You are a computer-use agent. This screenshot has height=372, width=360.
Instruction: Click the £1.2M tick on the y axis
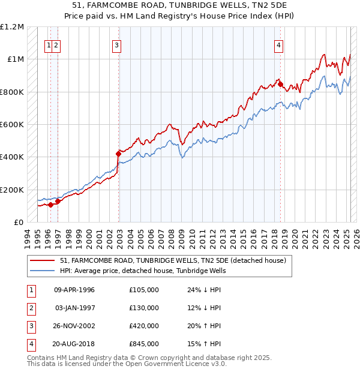coord(13,27)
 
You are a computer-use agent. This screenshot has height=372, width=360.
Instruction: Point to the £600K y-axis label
coord(12,125)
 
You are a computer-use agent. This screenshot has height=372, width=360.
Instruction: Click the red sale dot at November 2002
coord(118,154)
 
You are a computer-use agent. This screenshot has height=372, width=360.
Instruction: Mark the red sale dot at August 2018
coord(280,85)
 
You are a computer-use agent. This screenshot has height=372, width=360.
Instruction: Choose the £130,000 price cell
coord(144,308)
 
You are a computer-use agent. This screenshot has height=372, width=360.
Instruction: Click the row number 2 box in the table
coord(29,308)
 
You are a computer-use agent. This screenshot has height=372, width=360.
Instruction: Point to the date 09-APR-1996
coord(74,290)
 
